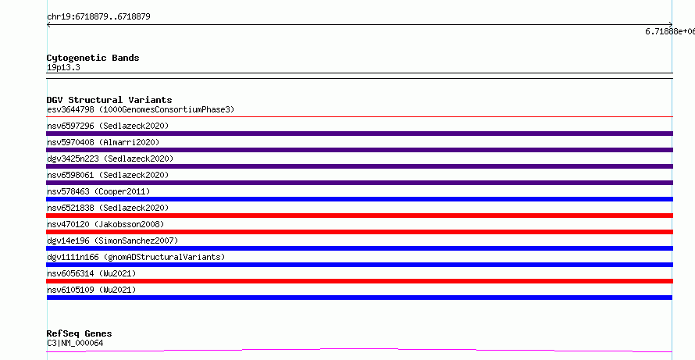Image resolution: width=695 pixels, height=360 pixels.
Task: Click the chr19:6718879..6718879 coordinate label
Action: click(98, 17)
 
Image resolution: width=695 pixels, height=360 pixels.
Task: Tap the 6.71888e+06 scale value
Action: click(670, 31)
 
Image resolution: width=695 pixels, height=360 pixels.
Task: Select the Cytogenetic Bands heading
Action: click(93, 58)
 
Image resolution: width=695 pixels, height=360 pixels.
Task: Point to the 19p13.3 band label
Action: click(63, 68)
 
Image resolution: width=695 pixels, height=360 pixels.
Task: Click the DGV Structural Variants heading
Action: click(109, 100)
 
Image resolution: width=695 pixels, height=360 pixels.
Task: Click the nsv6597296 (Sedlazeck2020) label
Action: click(108, 126)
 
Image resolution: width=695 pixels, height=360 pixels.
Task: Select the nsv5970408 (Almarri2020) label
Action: click(103, 142)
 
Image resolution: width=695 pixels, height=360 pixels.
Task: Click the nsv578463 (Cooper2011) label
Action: click(98, 191)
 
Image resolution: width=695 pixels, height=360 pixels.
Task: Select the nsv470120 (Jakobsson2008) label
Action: click(105, 224)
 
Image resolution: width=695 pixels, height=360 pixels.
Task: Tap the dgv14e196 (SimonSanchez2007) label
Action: click(112, 241)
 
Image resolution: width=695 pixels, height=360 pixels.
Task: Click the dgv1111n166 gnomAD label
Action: click(136, 257)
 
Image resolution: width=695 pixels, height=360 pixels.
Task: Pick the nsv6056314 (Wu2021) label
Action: click(91, 273)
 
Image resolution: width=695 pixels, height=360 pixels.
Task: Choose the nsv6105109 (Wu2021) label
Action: click(91, 290)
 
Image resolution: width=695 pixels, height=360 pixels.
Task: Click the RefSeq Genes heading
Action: click(80, 333)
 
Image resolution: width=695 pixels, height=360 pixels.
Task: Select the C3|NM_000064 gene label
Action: click(75, 343)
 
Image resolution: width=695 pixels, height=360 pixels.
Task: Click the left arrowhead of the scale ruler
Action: click(48, 25)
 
